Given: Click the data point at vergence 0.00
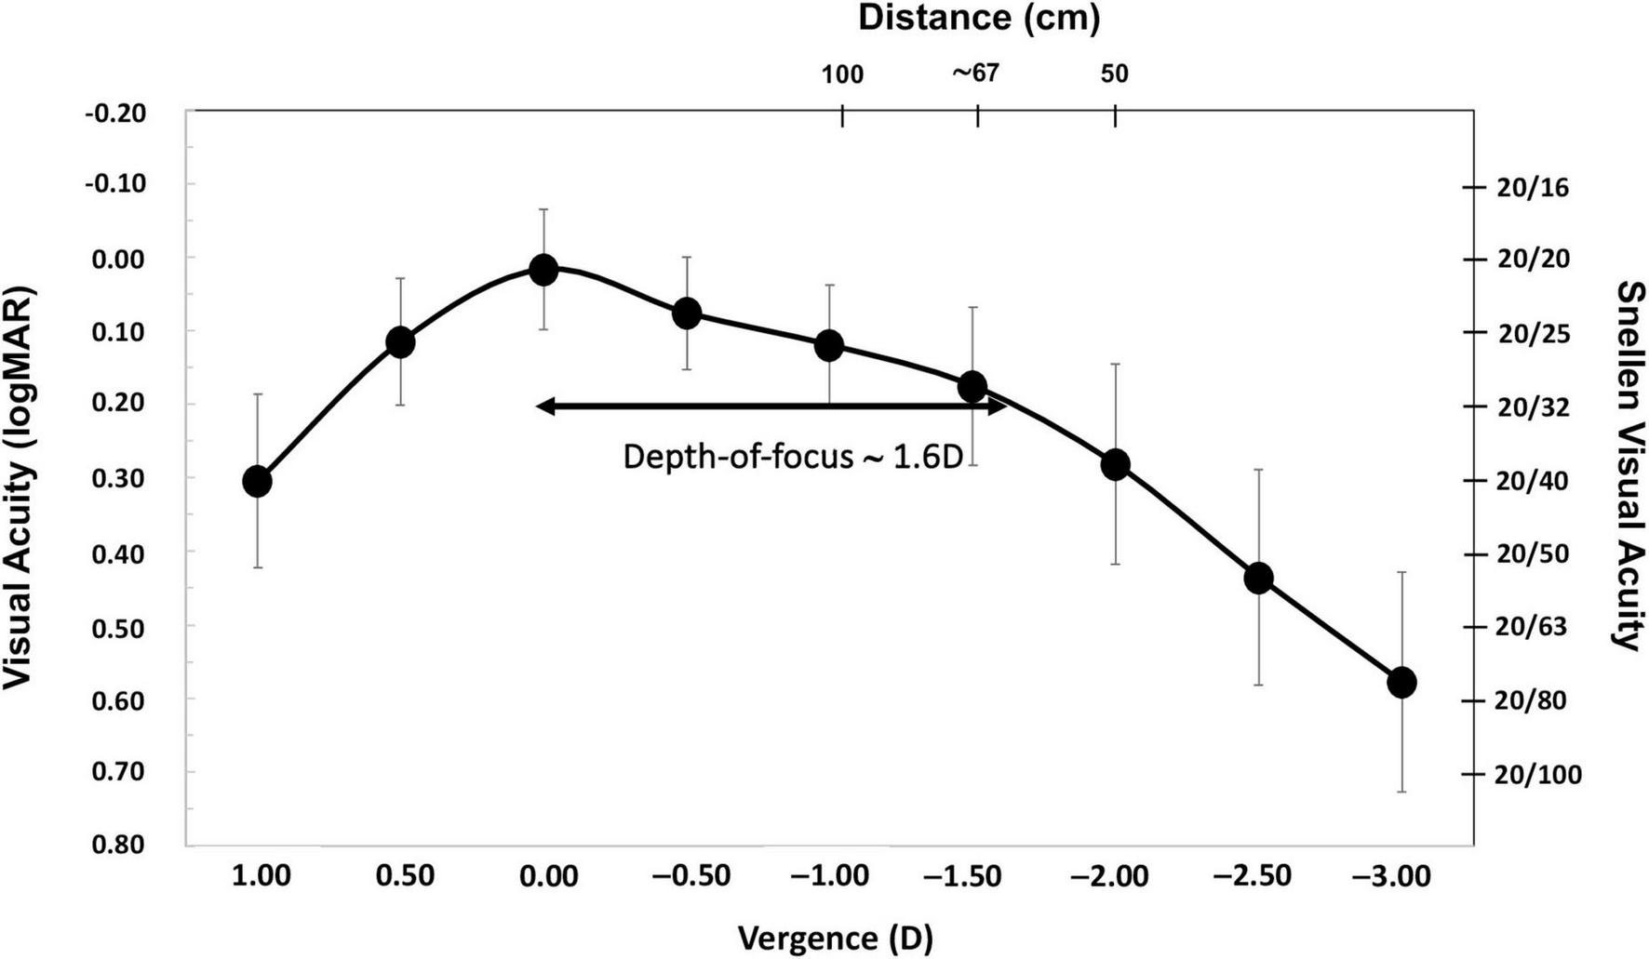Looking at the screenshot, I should coord(543,270).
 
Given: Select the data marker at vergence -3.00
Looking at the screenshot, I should coord(1401,682).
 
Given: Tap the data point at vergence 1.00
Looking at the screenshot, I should coord(257,481).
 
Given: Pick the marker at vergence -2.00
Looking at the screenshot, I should coord(1115,464).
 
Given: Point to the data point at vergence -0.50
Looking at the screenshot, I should coord(687,313).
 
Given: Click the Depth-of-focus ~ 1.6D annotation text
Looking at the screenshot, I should coord(793,457).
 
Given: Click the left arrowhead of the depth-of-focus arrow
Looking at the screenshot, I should coord(546,406).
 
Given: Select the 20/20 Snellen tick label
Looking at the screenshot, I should coord(1532,259).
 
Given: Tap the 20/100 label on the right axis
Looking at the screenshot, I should coord(1537,774).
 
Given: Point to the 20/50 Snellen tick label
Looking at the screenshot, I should coord(1532,553).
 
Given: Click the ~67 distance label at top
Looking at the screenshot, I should coord(975,73).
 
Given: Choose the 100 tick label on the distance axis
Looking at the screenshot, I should coord(842,74).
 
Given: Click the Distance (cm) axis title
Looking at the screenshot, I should coord(978,19).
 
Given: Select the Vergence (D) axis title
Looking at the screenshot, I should coord(835,938).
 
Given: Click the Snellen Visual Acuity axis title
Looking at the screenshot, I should coord(1629,465).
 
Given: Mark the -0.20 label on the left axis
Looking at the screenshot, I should coord(116,113).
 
